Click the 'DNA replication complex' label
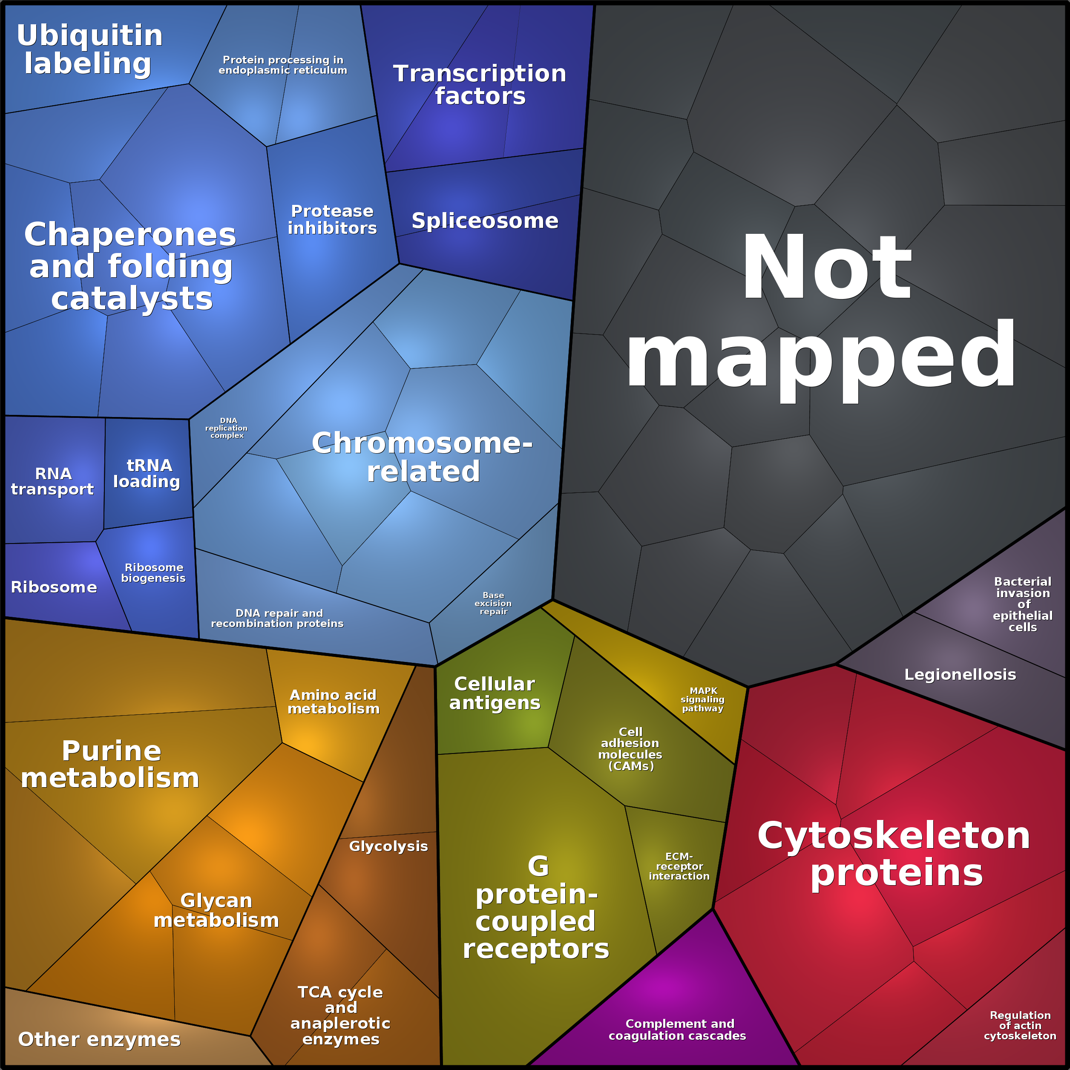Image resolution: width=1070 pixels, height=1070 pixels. (227, 428)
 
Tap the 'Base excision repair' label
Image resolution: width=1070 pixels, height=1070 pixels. (493, 603)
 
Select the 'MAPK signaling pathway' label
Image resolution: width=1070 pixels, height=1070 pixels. (703, 699)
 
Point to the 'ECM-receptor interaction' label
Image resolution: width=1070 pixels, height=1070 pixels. (679, 866)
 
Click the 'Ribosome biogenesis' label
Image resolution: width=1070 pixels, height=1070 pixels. (153, 572)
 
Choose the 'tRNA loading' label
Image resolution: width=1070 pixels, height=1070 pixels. (147, 474)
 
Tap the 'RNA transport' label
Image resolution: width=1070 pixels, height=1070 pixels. (53, 481)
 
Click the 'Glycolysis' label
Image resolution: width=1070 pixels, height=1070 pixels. (388, 846)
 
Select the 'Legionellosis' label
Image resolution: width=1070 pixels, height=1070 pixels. (960, 675)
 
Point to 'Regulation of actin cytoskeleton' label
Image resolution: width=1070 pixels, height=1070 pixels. (1020, 1025)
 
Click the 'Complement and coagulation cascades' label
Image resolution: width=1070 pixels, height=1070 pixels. (677, 1030)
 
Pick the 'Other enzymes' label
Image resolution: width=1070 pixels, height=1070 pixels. (99, 1039)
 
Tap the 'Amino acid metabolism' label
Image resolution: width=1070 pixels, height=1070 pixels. (334, 702)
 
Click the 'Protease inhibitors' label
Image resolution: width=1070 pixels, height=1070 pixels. (332, 219)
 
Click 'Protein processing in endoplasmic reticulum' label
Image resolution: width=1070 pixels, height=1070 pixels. (282, 65)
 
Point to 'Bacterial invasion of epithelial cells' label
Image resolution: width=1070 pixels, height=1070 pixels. (1022, 604)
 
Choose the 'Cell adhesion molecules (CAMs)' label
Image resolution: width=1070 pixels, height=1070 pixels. (630, 749)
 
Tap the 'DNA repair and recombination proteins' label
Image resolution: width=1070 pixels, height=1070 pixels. (277, 618)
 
